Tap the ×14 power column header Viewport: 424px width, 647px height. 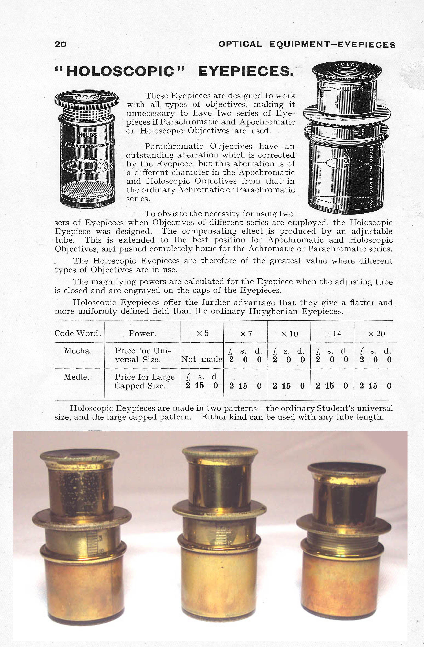pyautogui.click(x=333, y=334)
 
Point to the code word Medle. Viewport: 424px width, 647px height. pyautogui.click(x=77, y=377)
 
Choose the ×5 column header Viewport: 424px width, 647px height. pyautogui.click(x=203, y=333)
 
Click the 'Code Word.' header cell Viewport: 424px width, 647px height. pyautogui.click(x=78, y=333)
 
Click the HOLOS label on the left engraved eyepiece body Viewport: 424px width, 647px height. pyautogui.click(x=88, y=135)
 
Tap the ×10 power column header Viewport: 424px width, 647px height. pyautogui.click(x=290, y=334)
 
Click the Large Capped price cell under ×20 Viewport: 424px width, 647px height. pyautogui.click(x=375, y=386)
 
